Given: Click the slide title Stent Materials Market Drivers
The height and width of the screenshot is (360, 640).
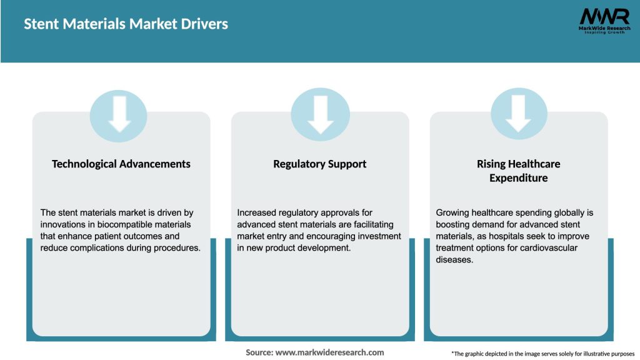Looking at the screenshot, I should [126, 24].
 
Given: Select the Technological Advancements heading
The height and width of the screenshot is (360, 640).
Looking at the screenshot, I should [121, 164].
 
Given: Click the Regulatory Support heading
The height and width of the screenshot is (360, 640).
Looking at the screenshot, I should [320, 164].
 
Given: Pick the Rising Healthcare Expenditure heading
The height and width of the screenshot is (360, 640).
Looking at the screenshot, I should [518, 171].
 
